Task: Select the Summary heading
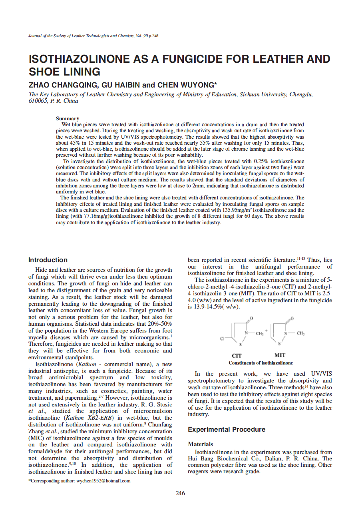pyautogui.click(x=67, y=118)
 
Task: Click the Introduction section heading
pyautogui.click(x=48, y=260)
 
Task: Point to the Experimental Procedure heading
pyautogui.click(x=226, y=429)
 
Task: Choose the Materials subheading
pyautogui.click(x=200, y=444)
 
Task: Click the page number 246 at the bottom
pyautogui.click(x=180, y=493)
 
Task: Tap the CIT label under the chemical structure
pyautogui.click(x=237, y=355)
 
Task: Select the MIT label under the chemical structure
pyautogui.click(x=280, y=355)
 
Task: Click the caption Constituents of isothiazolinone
pyautogui.click(x=261, y=363)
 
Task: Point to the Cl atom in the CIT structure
pyautogui.click(x=222, y=339)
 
